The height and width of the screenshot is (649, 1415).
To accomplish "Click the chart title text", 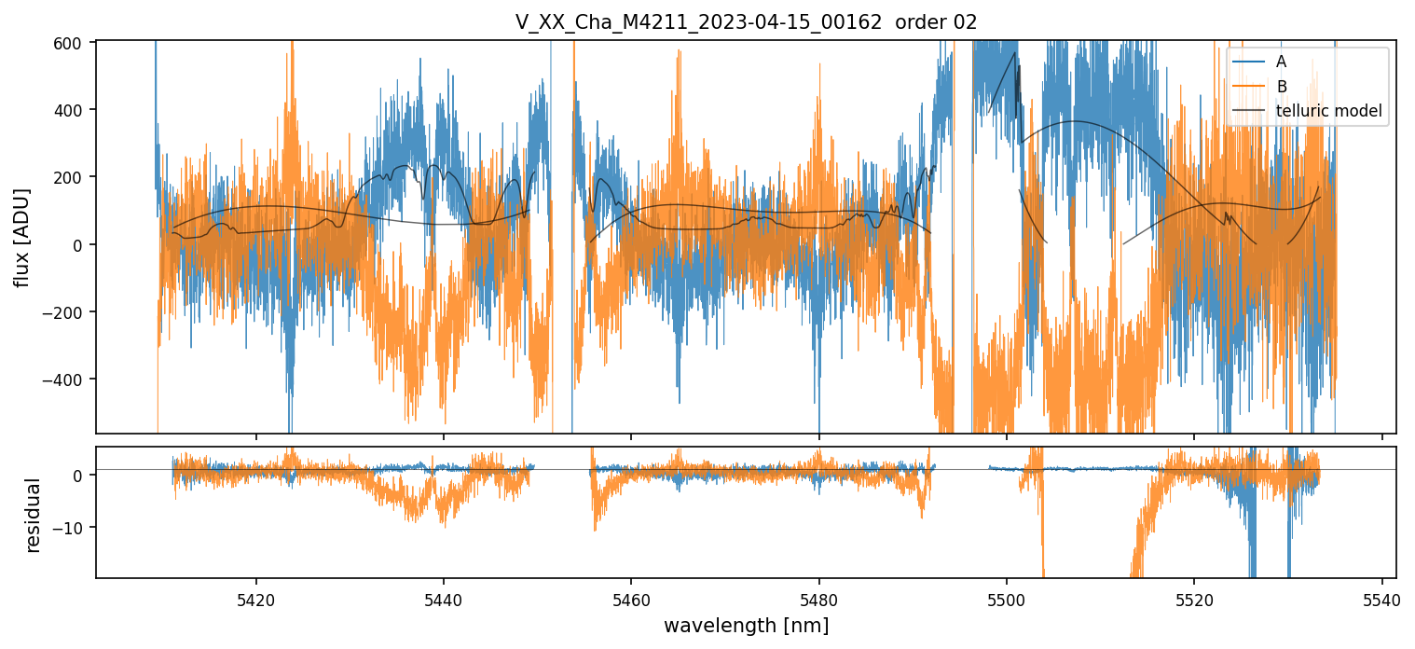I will click(746, 22).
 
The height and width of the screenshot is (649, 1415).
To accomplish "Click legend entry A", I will click(1282, 62).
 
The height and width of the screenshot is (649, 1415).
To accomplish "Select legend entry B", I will click(1282, 87).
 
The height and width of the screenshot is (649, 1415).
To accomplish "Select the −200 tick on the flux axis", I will click(69, 312).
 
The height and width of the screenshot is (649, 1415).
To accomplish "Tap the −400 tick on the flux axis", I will click(69, 380).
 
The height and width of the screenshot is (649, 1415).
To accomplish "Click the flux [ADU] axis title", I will click(21, 237).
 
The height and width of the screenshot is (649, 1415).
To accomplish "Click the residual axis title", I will click(34, 515).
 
